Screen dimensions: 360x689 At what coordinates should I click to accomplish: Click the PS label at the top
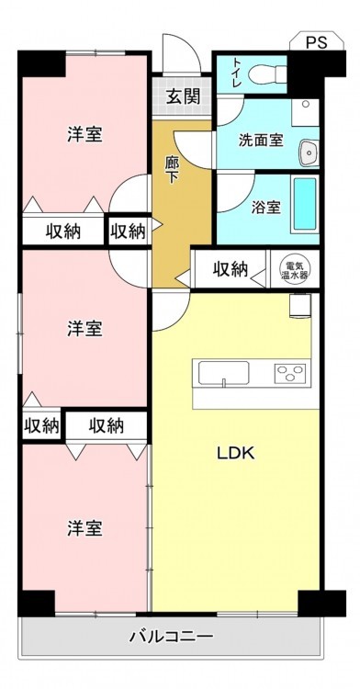[317, 43]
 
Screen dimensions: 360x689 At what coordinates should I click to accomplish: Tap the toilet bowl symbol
[268, 74]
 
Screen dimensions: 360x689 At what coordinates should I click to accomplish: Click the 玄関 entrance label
[183, 96]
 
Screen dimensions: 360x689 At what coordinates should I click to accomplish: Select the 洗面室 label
[260, 141]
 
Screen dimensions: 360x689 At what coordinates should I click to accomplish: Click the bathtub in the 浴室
[305, 203]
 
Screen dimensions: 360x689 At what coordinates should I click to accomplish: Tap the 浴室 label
[266, 207]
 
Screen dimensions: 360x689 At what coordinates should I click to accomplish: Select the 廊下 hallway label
[172, 170]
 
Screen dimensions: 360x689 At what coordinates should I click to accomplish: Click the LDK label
[236, 453]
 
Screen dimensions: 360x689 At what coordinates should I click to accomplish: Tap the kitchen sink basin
[223, 373]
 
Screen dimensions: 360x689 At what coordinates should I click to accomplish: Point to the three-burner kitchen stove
[290, 374]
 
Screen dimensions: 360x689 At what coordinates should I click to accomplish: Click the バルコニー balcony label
[171, 636]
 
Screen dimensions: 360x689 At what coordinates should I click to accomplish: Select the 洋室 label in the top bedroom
[84, 134]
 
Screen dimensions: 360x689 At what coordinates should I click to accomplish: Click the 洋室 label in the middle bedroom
[84, 329]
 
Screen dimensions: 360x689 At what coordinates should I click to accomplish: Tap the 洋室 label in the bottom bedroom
[84, 527]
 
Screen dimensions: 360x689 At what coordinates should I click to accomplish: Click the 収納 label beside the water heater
[231, 268]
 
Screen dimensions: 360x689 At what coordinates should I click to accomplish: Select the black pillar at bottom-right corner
[321, 604]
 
